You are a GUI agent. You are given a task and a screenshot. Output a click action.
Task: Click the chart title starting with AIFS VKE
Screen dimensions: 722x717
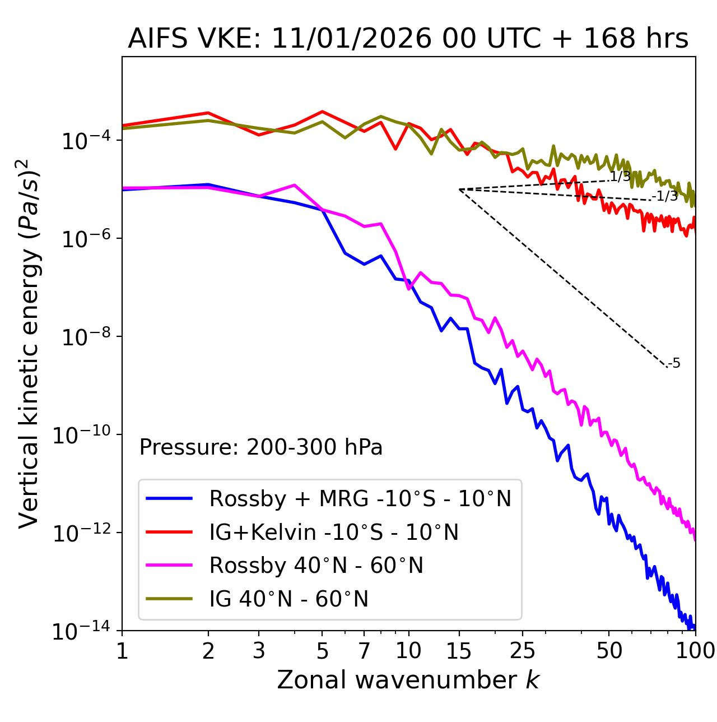408,39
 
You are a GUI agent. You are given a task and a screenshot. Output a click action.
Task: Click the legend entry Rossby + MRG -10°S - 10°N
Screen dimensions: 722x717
360,498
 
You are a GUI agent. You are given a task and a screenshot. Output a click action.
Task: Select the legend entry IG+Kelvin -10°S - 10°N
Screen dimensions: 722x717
334,532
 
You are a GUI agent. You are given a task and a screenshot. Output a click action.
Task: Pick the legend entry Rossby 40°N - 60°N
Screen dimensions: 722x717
316,566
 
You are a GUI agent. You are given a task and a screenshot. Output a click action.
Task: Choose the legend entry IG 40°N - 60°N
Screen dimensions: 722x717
288,599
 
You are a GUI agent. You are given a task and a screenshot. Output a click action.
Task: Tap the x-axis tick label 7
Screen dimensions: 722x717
364,651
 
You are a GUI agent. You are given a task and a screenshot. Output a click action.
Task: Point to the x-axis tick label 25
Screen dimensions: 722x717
522,651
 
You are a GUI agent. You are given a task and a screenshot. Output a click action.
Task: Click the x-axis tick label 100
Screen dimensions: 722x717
695,651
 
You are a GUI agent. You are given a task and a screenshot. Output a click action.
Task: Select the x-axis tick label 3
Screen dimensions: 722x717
259,651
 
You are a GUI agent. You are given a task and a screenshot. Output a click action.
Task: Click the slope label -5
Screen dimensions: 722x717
674,363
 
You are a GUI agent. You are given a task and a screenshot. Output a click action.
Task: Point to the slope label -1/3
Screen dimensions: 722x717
665,196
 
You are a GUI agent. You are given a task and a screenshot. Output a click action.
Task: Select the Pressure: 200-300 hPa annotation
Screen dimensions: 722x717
260,447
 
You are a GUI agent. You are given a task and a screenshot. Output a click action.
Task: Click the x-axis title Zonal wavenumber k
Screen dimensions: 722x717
408,680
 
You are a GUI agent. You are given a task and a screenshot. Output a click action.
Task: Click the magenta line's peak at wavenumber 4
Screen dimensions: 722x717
295,185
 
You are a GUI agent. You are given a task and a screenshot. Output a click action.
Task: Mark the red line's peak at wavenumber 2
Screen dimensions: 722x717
208,113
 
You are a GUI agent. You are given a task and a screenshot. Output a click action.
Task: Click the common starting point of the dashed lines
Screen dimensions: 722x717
459,189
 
